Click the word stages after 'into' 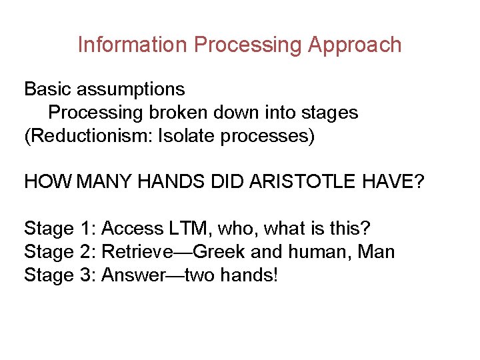[x=327, y=113]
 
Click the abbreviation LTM [x=190, y=229]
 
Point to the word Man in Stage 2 [x=377, y=252]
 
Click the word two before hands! [x=199, y=275]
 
